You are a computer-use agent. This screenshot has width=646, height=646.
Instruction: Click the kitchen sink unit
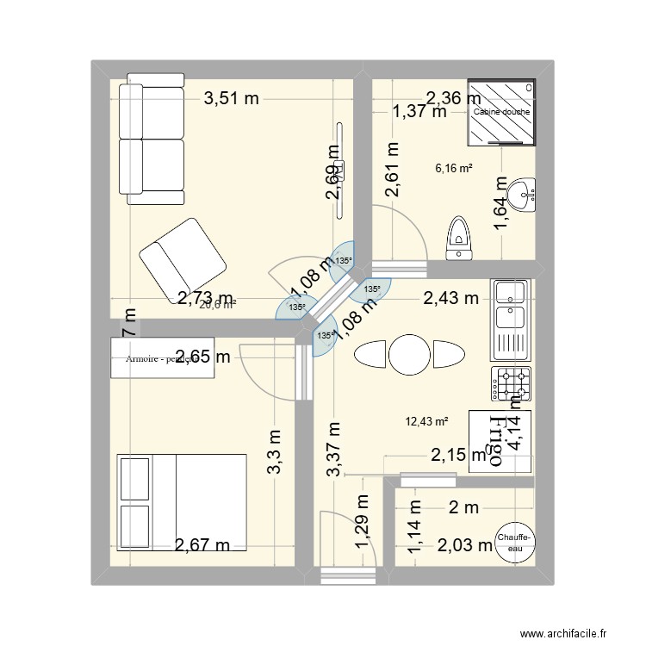(511, 319)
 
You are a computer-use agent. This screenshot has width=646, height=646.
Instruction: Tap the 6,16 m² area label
(454, 169)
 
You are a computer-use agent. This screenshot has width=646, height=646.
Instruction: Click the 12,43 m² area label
(427, 421)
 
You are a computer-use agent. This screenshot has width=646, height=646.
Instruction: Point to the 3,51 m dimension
(231, 98)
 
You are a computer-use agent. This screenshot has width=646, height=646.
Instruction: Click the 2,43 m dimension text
(450, 299)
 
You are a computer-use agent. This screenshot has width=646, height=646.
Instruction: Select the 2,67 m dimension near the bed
(202, 544)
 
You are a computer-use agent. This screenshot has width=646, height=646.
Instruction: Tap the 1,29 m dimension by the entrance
(363, 526)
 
